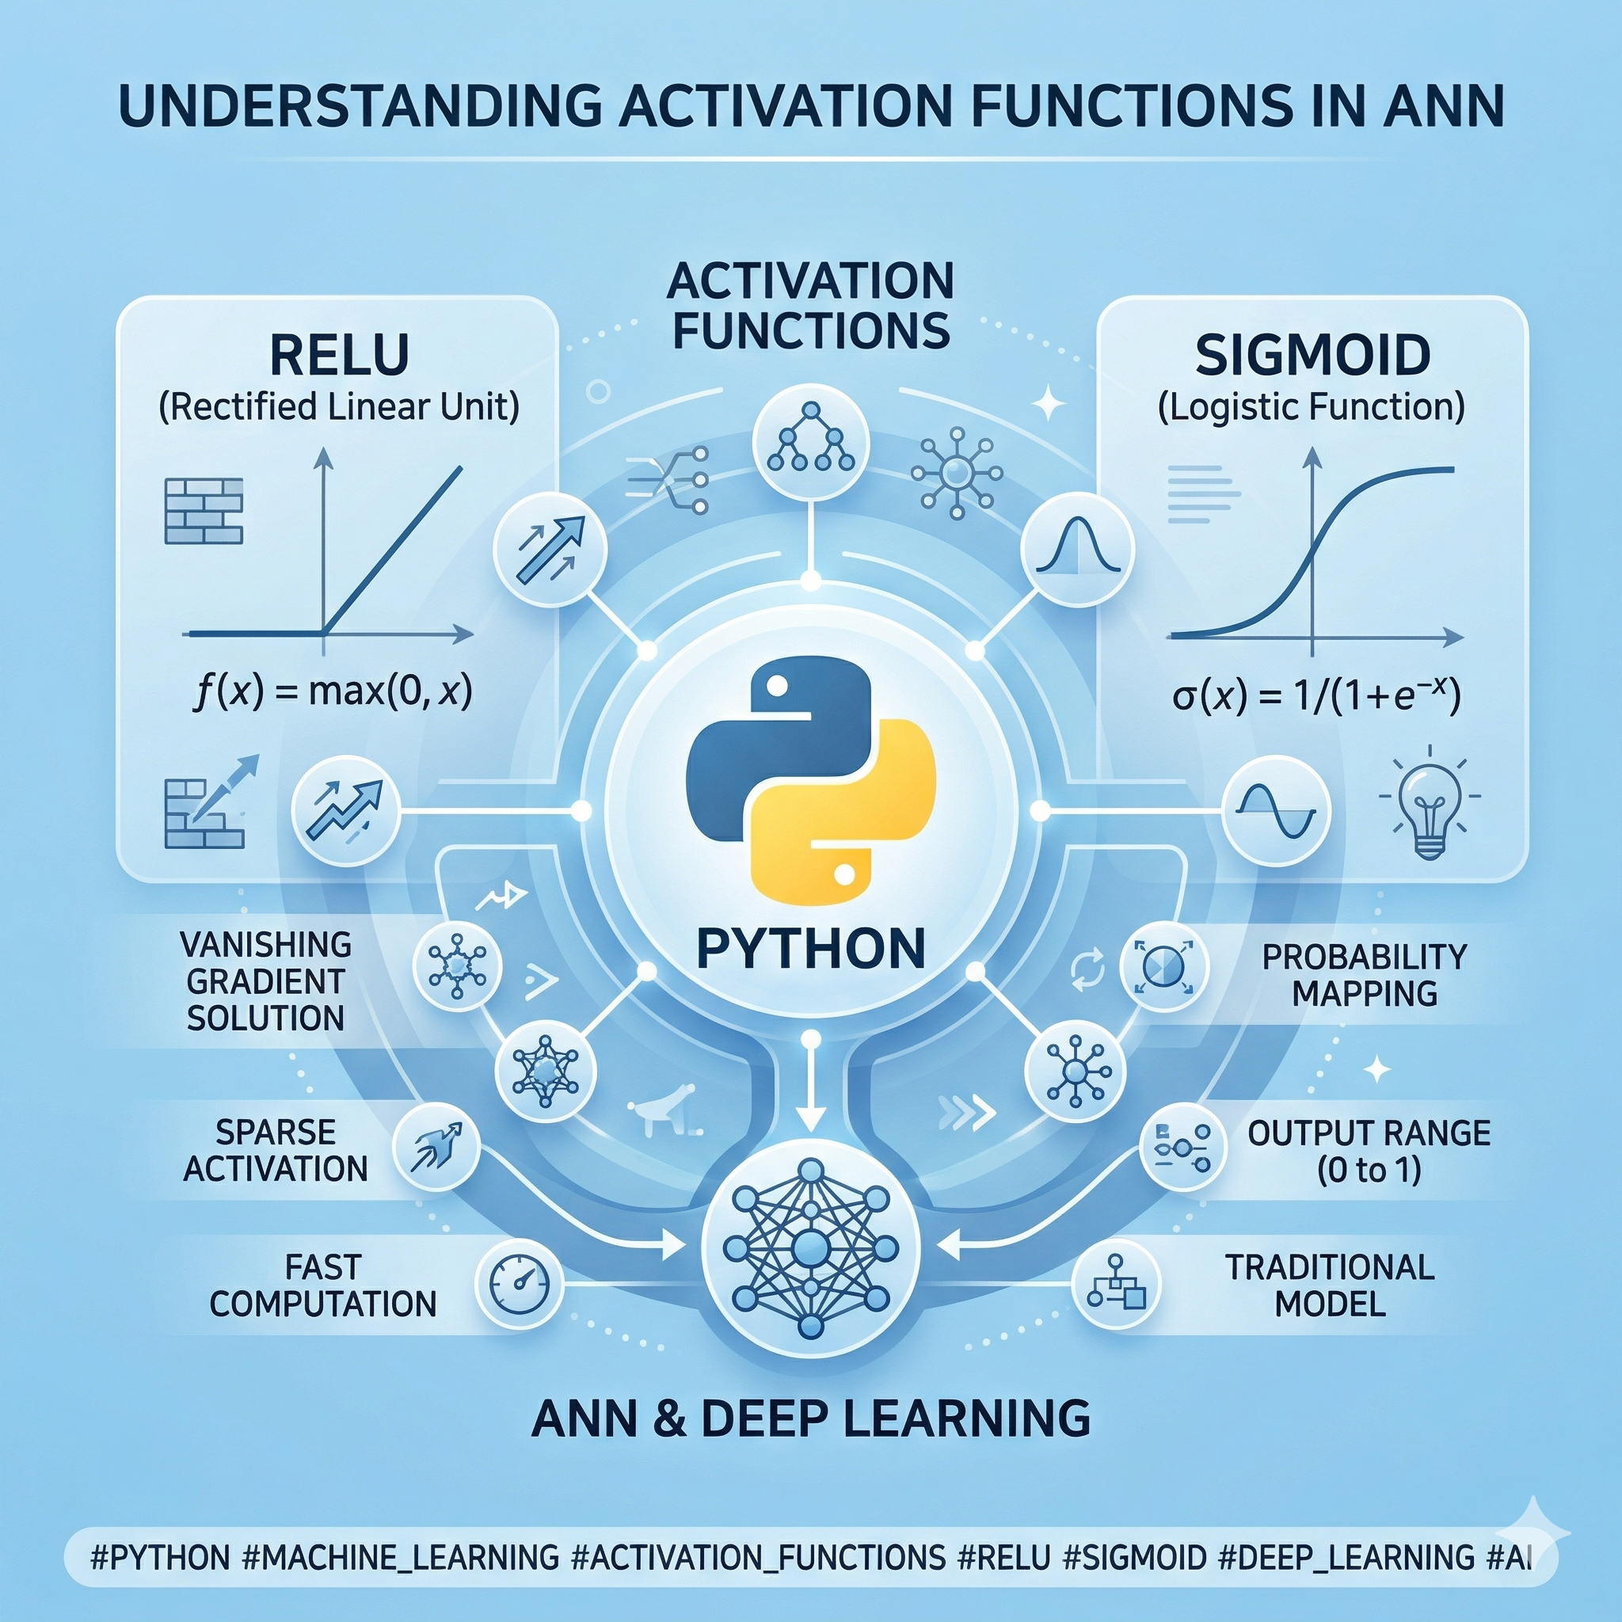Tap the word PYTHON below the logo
pos(811,948)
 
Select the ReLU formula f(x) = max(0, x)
pos(333,694)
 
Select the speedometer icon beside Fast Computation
pos(513,1284)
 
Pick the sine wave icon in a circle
pos(1276,809)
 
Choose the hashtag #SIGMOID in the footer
pos(1134,1557)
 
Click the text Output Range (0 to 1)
pos(1369,1151)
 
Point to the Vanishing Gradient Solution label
pos(266,980)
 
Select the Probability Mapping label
pos(1365,975)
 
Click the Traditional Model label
pos(1330,1285)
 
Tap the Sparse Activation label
pos(276,1150)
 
